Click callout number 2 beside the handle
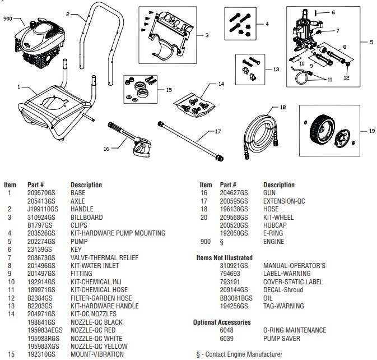pyautogui.click(x=68, y=13)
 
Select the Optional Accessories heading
pyautogui.click(x=222, y=322)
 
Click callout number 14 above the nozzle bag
pyautogui.click(x=221, y=84)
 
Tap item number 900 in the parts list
pyautogui.click(x=206, y=241)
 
